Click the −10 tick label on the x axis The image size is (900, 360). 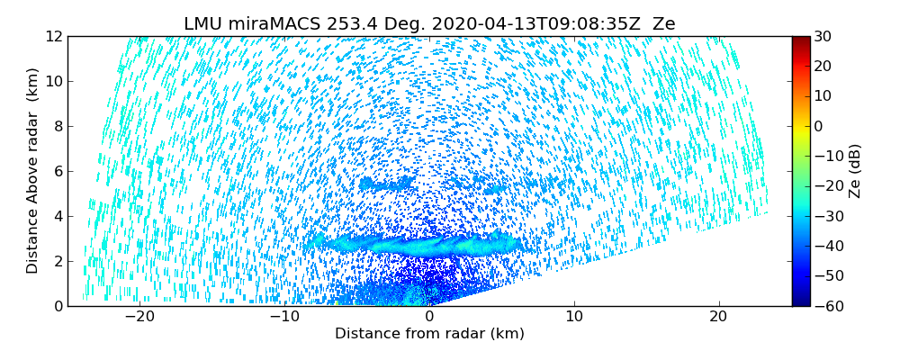tap(283, 317)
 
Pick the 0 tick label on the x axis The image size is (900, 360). tap(429, 317)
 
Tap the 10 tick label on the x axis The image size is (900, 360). tap(573, 317)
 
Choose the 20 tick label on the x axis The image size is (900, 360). tap(717, 317)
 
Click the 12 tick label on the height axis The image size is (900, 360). tap(53, 37)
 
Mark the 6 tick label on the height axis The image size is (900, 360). tap(57, 171)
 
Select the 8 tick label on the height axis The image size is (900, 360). tap(57, 127)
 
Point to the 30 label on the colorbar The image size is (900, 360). tap(823, 37)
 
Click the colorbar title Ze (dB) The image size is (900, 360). tap(856, 171)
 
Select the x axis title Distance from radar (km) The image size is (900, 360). tap(429, 334)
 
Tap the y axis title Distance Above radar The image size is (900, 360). tap(32, 171)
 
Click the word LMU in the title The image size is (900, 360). tap(202, 24)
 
